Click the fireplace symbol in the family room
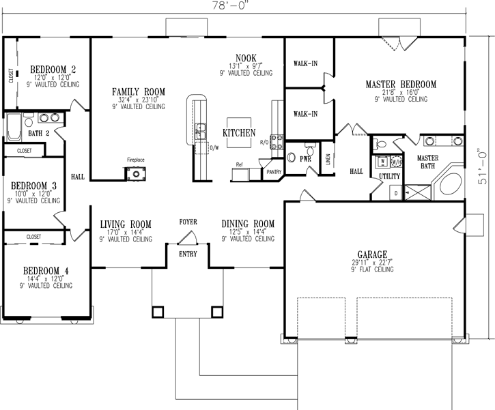[x=135, y=173]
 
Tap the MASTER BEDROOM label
[x=401, y=84]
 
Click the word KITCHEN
[x=239, y=132]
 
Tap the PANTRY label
[x=274, y=173]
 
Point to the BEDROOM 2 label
[x=53, y=69]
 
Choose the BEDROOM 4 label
[x=46, y=269]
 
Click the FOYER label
[x=188, y=222]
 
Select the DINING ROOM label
[x=248, y=224]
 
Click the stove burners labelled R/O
[x=278, y=142]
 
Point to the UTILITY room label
[x=389, y=177]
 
